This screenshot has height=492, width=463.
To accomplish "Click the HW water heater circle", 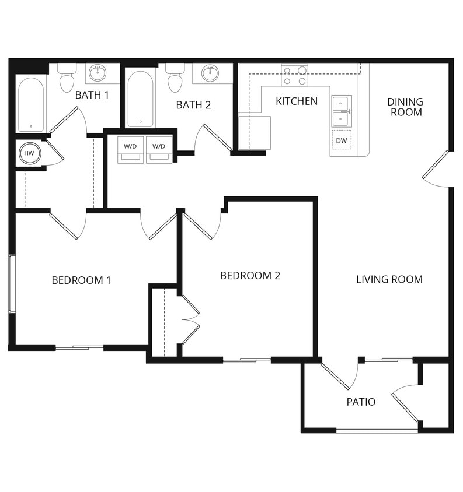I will coord(29,154).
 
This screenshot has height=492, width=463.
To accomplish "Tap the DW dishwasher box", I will coord(342,140).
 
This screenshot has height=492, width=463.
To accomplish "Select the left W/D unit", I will coord(130,149).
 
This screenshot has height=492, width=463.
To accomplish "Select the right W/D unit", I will coord(159,149).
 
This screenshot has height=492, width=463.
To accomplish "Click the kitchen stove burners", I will coord(295,75).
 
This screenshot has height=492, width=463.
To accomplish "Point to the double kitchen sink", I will coord(341,111).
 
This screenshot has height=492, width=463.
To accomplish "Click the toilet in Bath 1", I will coord(67,79).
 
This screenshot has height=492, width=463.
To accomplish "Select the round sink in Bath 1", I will coord(98,73).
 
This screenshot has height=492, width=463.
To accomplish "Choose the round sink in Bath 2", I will coord(210,73).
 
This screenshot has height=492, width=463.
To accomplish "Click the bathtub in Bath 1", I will coord(30,104).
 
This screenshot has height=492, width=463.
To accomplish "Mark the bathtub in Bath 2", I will coord(140,99).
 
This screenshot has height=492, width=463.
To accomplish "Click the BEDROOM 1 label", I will coord(81,280).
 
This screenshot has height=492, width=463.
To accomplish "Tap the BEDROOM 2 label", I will coord(250,276).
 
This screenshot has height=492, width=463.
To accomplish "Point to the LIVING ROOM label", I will coord(389,279).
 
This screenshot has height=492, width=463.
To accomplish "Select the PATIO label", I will coord(361,402).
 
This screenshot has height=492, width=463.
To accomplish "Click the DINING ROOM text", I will coord(405,107).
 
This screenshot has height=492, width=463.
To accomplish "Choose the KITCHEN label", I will coord(297,101).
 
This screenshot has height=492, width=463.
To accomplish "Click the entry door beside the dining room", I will coord(437,170).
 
